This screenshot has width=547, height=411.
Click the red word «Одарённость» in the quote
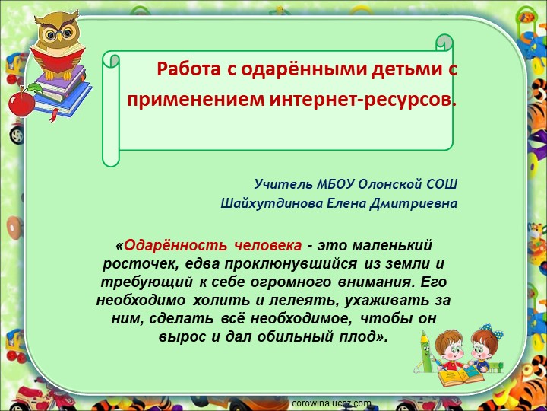(175, 246)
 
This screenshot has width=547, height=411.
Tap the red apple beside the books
(22, 102)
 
